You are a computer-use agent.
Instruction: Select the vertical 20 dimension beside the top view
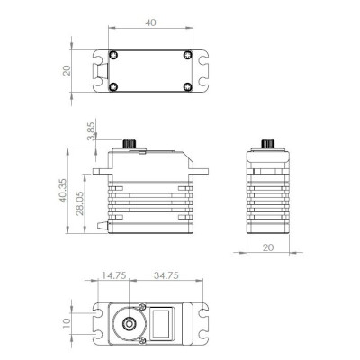[65, 70]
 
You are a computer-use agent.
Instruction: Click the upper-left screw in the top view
[112, 54]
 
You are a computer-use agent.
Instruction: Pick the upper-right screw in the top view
[187, 54]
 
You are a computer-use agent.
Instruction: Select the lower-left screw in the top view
[112, 87]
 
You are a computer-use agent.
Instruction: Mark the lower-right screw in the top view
[187, 87]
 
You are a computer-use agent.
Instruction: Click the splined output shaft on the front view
[129, 144]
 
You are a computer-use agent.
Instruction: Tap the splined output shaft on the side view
[267, 144]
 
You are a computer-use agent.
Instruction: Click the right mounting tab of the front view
[200, 170]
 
